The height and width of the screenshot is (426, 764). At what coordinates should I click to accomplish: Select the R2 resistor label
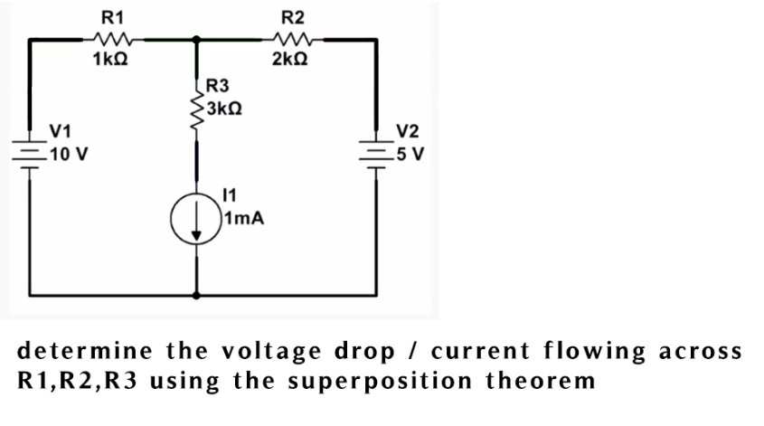pyautogui.click(x=293, y=16)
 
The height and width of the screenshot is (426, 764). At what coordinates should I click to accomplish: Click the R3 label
pyautogui.click(x=219, y=88)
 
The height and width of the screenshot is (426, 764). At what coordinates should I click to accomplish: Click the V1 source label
pyautogui.click(x=62, y=131)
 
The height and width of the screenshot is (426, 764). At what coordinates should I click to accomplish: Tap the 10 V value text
pyautogui.click(x=68, y=153)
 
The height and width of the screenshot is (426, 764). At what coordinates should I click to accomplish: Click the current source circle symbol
pyautogui.click(x=197, y=221)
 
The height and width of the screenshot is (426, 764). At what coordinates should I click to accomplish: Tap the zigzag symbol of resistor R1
pyautogui.click(x=115, y=39)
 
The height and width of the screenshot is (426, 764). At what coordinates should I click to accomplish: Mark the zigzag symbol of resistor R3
pyautogui.click(x=195, y=113)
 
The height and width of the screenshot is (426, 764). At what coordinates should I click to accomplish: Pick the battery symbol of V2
pyautogui.click(x=373, y=149)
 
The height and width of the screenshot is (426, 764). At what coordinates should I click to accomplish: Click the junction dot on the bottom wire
pyautogui.click(x=197, y=296)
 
